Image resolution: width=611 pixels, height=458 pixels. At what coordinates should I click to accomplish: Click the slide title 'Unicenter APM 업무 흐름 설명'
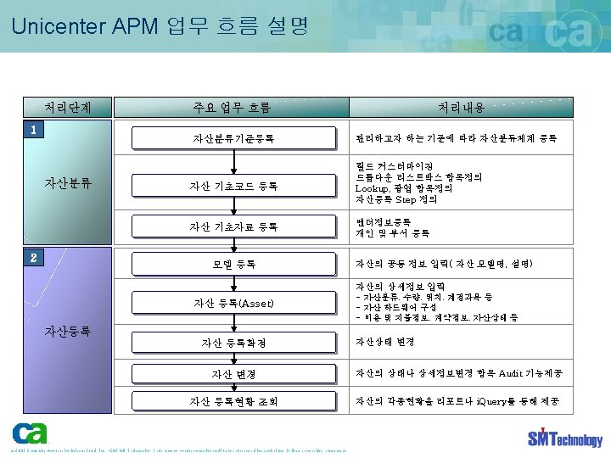[x=160, y=25]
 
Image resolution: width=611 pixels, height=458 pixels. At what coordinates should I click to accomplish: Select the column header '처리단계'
[x=68, y=108]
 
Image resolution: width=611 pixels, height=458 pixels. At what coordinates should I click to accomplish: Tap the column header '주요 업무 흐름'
[x=232, y=108]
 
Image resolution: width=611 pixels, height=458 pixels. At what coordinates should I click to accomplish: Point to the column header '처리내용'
[x=461, y=108]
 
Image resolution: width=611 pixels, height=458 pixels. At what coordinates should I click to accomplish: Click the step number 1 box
[x=32, y=130]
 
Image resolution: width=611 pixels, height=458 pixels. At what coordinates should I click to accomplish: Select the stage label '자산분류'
[x=68, y=182]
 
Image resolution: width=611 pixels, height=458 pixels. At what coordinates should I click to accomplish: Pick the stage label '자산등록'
[x=68, y=331]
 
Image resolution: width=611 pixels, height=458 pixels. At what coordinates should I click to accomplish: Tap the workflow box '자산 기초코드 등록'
[x=233, y=186]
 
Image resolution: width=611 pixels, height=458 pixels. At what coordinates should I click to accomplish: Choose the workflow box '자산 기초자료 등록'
[x=233, y=226]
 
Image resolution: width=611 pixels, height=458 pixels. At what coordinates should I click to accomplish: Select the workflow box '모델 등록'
[x=233, y=264]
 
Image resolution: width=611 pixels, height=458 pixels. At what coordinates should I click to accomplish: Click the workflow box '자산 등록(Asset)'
[x=233, y=303]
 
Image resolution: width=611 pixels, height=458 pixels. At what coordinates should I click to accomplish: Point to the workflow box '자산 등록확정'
[x=233, y=343]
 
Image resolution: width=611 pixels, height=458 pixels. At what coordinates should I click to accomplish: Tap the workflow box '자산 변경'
[x=233, y=374]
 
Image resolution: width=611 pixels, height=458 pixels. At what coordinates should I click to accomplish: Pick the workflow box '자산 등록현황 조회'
[x=233, y=401]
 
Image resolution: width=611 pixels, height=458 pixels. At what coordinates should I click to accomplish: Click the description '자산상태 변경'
[x=385, y=341]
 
